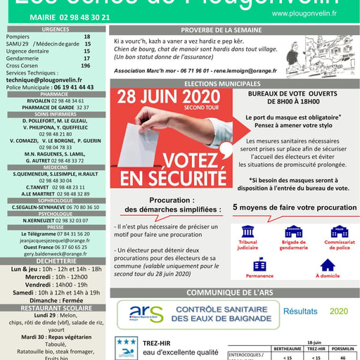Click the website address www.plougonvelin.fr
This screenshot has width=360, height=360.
click(x=304, y=13)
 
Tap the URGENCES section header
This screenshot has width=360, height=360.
click(x=55, y=30)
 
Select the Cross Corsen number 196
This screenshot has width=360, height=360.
click(x=86, y=65)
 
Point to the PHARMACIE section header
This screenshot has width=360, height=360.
click(x=55, y=94)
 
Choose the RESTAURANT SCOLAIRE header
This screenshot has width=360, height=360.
click(x=55, y=308)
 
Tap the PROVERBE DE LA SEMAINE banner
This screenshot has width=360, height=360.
click(x=231, y=30)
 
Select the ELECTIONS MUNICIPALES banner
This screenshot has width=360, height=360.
click(x=231, y=83)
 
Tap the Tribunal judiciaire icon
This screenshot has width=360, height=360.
click(x=247, y=231)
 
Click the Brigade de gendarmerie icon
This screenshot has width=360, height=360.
click(x=294, y=231)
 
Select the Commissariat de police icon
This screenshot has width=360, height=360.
click(x=339, y=231)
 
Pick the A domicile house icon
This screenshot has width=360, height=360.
click(x=328, y=265)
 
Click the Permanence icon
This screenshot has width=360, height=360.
click(x=259, y=264)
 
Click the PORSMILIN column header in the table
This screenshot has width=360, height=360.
click(x=342, y=348)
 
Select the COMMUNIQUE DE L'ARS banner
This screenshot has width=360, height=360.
click(x=231, y=292)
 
